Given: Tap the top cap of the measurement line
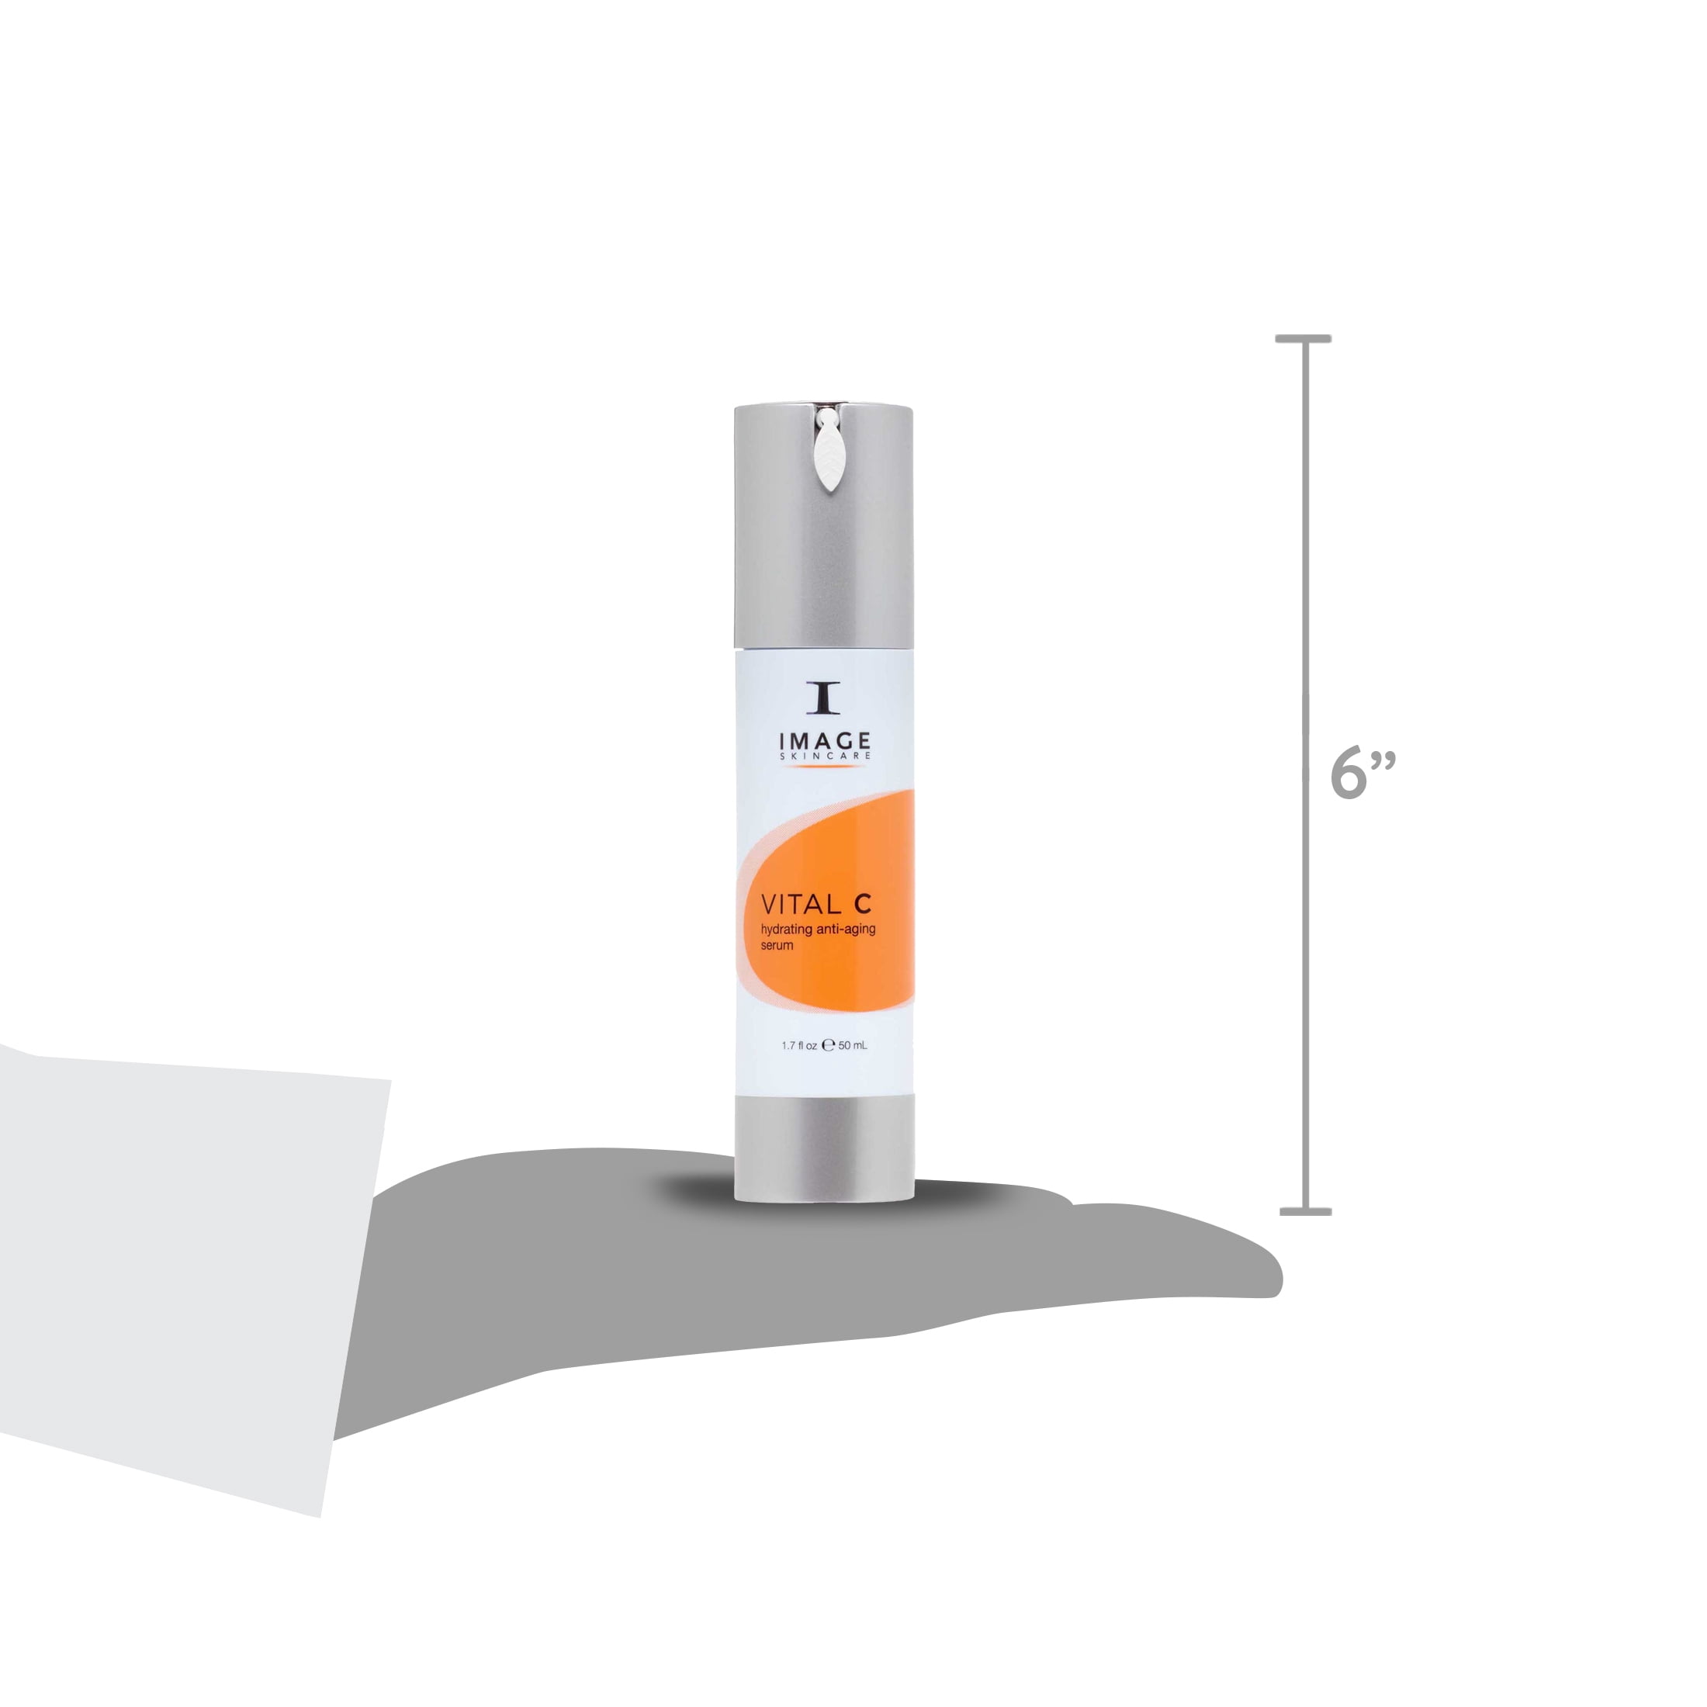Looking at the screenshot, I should coord(1304,339).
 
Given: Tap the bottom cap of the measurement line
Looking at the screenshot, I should coord(1305,1211).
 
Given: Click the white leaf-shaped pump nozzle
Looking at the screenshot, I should coord(829,452).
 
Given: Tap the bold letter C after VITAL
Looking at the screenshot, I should coord(861,904).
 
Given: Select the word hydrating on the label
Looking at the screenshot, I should coord(785,930).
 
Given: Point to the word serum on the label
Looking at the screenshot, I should coord(777,945).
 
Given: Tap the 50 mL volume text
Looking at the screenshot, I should coord(853,1045).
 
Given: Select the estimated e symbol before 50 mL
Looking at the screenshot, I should coord(828,1045).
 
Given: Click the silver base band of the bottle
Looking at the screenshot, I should coord(823,1147).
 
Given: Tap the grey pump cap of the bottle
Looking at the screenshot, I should coord(823,548).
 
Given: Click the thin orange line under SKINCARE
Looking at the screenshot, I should coord(823,767).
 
